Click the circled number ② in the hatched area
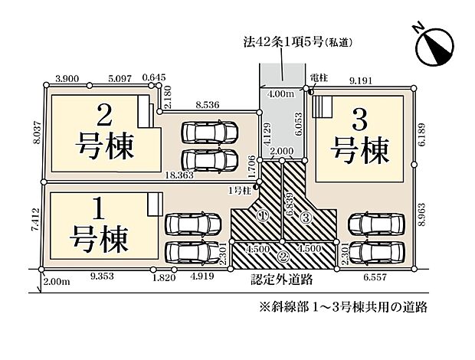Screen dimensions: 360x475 282,256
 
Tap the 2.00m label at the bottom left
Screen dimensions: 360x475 56,283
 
